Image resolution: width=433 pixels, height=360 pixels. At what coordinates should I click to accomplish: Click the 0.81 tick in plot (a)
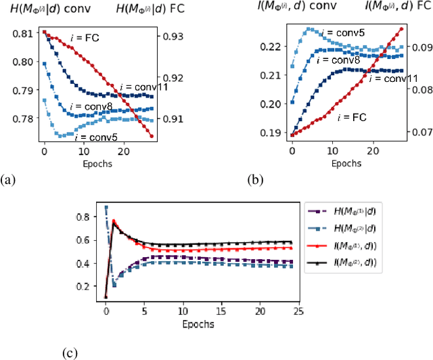click(26, 32)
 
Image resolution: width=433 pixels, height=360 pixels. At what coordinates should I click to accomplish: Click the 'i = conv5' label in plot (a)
click(95, 137)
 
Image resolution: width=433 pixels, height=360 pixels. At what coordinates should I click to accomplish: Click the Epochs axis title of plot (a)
click(93, 163)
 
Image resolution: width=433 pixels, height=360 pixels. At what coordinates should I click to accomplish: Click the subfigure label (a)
click(7, 179)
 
